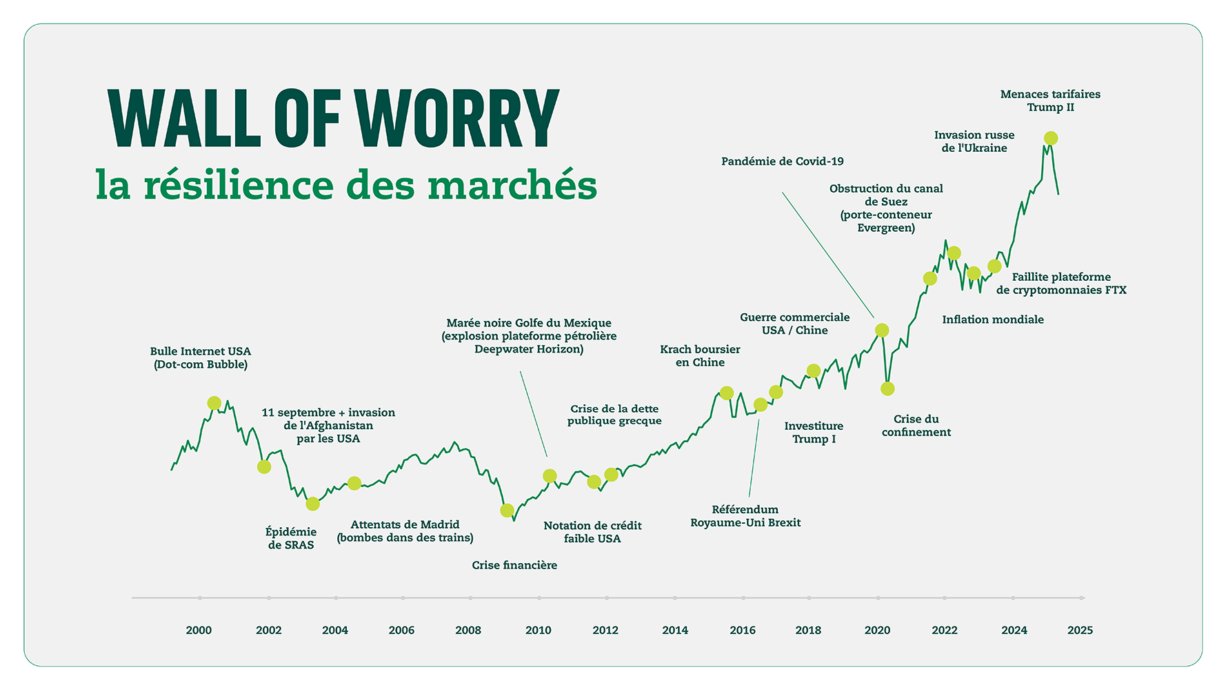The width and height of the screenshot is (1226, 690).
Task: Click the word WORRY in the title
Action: pyautogui.click(x=456, y=119)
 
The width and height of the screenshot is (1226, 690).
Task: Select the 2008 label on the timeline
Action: pyautogui.click(x=468, y=630)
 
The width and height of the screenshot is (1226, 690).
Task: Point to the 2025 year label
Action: pyautogui.click(x=1080, y=630)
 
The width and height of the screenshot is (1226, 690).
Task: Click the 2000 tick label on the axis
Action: pyautogui.click(x=199, y=630)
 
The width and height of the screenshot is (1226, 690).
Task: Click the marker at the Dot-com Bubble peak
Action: pyautogui.click(x=214, y=403)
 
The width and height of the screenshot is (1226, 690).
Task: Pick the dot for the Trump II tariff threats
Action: pyautogui.click(x=1050, y=139)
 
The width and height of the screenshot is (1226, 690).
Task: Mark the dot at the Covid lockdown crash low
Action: pyautogui.click(x=887, y=388)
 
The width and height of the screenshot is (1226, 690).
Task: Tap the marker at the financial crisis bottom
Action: pyautogui.click(x=507, y=511)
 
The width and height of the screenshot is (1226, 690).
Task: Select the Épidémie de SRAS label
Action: pyautogui.click(x=291, y=538)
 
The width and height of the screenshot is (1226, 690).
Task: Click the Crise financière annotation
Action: pyautogui.click(x=514, y=565)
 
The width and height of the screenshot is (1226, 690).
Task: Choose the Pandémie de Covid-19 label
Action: pyautogui.click(x=782, y=161)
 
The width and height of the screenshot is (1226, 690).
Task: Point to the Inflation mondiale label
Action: pyautogui.click(x=992, y=319)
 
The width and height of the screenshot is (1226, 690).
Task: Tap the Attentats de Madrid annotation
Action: pyautogui.click(x=405, y=531)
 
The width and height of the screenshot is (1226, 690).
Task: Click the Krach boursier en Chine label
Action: pyautogui.click(x=700, y=356)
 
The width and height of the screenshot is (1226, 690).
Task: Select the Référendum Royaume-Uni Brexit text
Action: pyautogui.click(x=745, y=516)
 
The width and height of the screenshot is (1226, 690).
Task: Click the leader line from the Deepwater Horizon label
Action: pyautogui.click(x=534, y=414)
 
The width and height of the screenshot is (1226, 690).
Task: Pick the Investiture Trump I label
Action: pyautogui.click(x=814, y=433)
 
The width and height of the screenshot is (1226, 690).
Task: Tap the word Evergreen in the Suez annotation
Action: pyautogui.click(x=885, y=228)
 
